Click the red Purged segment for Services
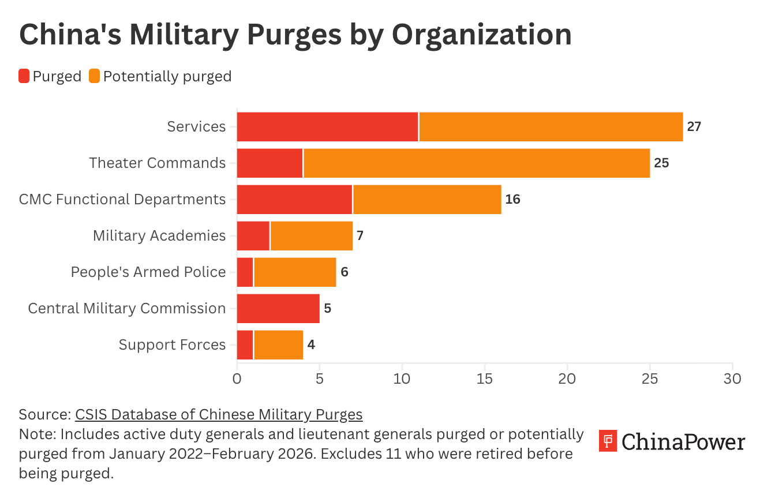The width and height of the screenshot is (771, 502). [327, 127]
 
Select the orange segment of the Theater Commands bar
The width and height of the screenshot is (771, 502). [476, 163]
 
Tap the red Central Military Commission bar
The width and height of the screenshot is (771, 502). [278, 308]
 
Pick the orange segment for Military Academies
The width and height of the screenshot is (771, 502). [311, 235]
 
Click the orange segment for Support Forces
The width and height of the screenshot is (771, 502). [278, 344]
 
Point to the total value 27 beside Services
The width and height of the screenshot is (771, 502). [694, 127]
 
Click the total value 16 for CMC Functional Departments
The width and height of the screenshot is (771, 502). [512, 200]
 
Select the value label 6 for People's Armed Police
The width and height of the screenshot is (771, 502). [345, 272]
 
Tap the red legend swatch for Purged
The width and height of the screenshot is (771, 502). [24, 76]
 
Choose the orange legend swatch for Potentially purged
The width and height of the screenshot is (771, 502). [95, 76]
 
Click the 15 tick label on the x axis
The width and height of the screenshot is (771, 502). [485, 379]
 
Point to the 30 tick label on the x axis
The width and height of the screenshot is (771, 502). [732, 379]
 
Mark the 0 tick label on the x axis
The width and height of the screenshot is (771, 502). [237, 379]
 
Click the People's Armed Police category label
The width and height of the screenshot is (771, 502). [148, 272]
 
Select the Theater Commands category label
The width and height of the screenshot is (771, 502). [158, 163]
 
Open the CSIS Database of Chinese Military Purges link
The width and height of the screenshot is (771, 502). [219, 414]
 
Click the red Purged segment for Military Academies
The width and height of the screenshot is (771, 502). [253, 235]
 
